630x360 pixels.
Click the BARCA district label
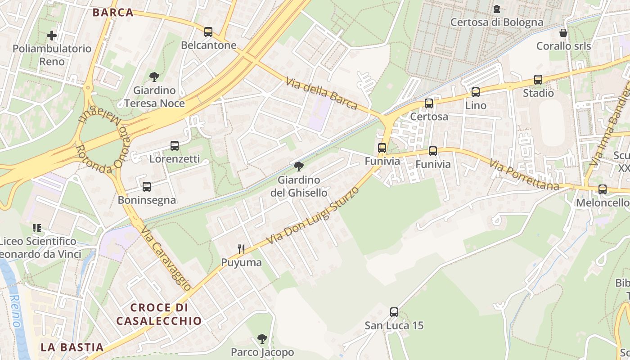pyautogui.click(x=113, y=12)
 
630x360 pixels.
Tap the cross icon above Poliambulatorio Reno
pyautogui.click(x=52, y=35)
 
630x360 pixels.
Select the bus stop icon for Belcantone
pyautogui.click(x=208, y=32)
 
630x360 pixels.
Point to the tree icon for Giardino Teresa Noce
pyautogui.click(x=154, y=77)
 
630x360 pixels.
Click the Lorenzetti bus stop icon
pyautogui.click(x=175, y=146)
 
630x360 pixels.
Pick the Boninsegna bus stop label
pyautogui.click(x=147, y=200)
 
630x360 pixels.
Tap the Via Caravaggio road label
pyautogui.click(x=166, y=258)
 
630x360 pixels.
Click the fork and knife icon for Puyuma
pyautogui.click(x=241, y=249)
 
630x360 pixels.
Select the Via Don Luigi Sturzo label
pyautogui.click(x=313, y=216)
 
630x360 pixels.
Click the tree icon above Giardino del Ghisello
pyautogui.click(x=298, y=167)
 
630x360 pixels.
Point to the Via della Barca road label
pyautogui.click(x=322, y=93)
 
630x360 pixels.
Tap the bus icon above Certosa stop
pyautogui.click(x=429, y=103)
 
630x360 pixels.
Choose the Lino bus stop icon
pyautogui.click(x=476, y=92)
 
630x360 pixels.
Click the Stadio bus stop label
pyautogui.click(x=538, y=93)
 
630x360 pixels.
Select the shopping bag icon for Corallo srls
pyautogui.click(x=563, y=33)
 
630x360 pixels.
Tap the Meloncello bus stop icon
pyautogui.click(x=603, y=189)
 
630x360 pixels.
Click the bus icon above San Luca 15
pyautogui.click(x=394, y=312)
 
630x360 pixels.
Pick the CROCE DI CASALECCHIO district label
pyautogui.click(x=159, y=314)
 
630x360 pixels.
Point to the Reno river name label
pyautogui.click(x=16, y=311)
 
